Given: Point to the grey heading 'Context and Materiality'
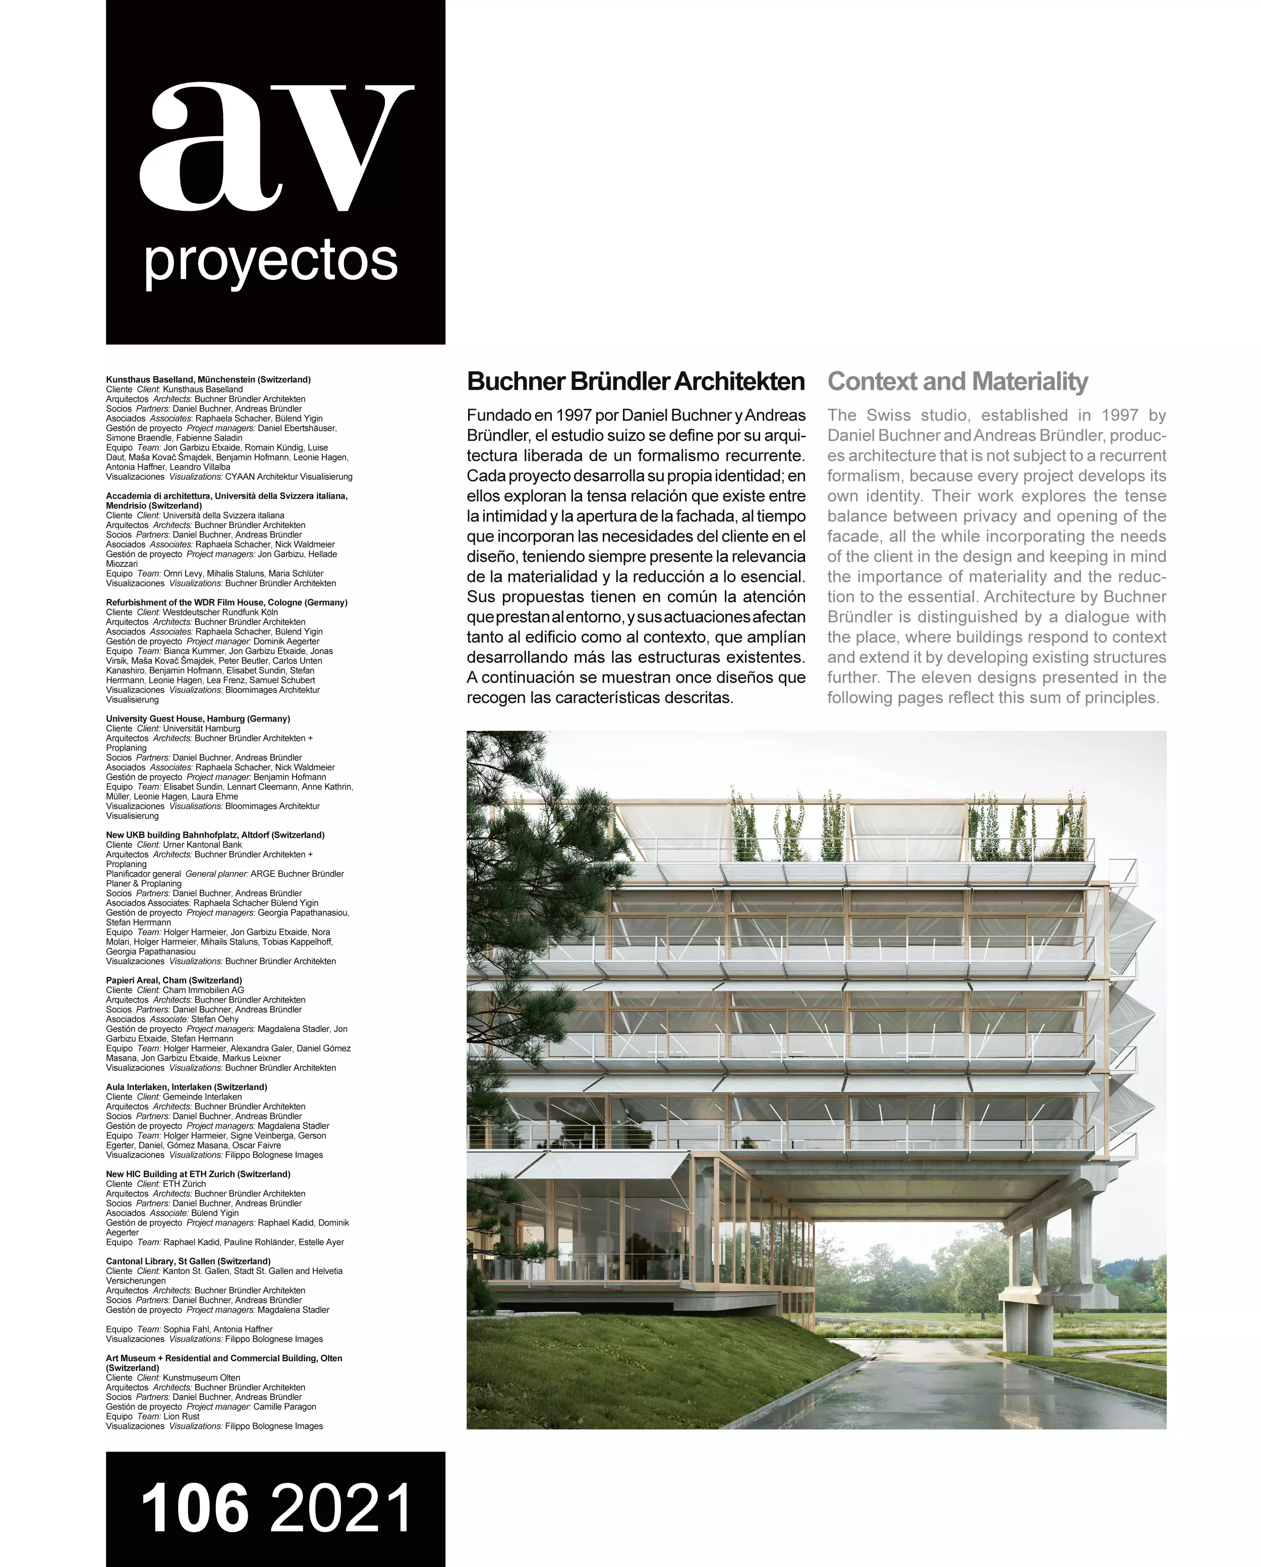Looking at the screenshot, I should point(957,382).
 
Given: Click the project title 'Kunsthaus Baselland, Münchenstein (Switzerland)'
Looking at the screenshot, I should point(208,379).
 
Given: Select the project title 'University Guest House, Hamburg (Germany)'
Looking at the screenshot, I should point(198,719).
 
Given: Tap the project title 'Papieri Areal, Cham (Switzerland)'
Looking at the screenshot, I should point(174,980).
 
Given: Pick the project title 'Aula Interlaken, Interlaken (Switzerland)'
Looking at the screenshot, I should point(186,1087).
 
